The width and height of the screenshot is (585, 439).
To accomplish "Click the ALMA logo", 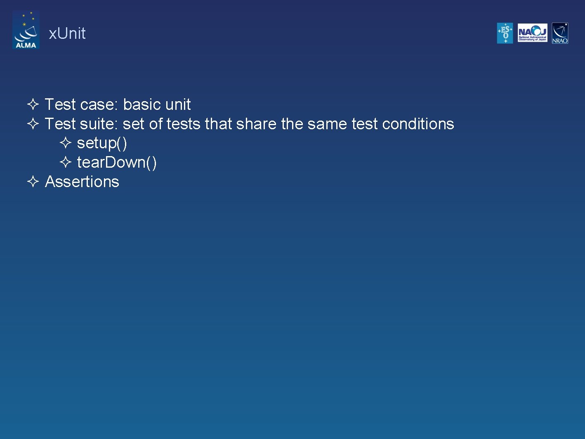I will tap(26, 30).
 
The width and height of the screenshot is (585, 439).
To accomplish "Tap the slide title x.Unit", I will tap(67, 33).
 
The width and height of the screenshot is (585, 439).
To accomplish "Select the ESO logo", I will tap(505, 33).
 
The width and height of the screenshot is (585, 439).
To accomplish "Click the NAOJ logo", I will tap(532, 33).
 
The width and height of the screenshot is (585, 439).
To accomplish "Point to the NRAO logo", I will tap(560, 33).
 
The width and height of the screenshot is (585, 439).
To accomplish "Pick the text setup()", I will tap(102, 143).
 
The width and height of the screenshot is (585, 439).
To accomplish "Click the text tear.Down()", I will tap(117, 162).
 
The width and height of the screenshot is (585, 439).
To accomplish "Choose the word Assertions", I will tap(82, 182).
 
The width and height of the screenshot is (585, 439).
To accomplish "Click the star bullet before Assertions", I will tap(33, 181).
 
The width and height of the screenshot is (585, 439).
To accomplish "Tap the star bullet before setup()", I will tap(66, 143).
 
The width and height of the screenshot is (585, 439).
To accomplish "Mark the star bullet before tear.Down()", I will tap(66, 162).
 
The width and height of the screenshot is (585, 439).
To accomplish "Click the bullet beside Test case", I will tap(33, 104).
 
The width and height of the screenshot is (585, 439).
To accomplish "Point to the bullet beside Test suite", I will tap(33, 123).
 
